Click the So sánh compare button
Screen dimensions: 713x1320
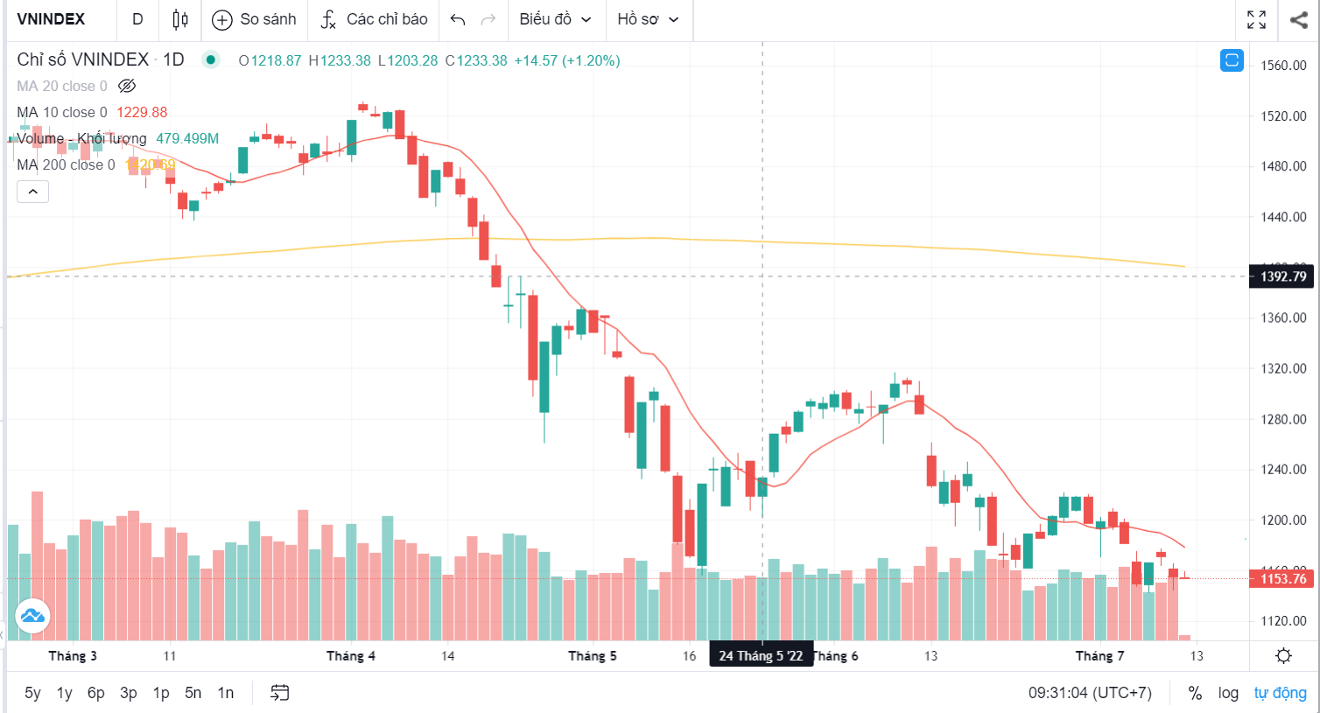(255, 19)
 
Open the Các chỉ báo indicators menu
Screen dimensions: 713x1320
(374, 19)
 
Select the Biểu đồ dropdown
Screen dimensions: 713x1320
(555, 19)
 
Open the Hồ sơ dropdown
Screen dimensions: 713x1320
(648, 19)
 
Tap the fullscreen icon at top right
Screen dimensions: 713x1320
(1256, 19)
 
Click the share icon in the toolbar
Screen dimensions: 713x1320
(1298, 19)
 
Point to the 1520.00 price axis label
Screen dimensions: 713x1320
(1283, 115)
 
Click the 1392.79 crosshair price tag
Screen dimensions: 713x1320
(1282, 276)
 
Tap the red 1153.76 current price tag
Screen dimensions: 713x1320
(1282, 578)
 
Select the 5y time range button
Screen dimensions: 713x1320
(32, 693)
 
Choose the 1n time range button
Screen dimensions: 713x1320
(226, 693)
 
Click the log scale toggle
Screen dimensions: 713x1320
(1228, 693)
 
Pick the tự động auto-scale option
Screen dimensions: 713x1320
(1280, 693)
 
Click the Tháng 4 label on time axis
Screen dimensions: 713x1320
(350, 656)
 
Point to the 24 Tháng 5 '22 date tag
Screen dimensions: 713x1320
(761, 656)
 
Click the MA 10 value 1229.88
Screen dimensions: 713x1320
(142, 112)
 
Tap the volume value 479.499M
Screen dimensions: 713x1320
(187, 138)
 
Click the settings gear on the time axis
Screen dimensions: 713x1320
(1283, 656)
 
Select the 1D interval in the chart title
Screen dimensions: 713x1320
(173, 59)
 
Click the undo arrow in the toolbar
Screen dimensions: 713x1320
(457, 19)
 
